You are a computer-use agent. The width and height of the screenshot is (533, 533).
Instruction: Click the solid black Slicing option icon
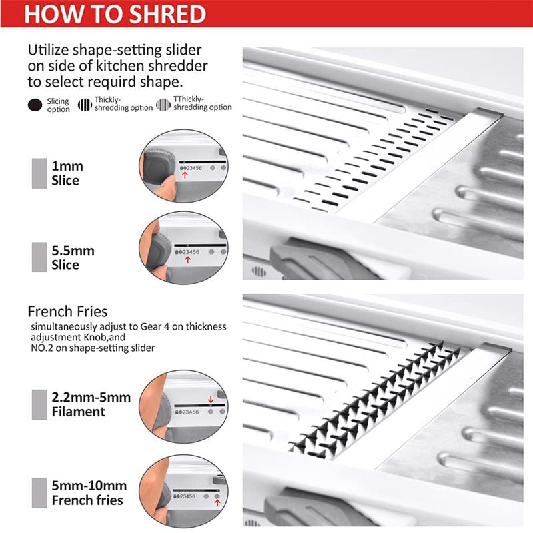[35, 105]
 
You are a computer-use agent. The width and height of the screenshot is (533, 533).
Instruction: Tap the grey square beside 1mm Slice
[39, 173]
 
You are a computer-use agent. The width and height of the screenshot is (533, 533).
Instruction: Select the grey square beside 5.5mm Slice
[39, 258]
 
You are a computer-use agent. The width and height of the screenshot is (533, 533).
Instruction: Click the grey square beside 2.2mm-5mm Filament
[39, 405]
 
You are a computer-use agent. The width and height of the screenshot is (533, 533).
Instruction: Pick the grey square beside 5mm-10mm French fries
[39, 491]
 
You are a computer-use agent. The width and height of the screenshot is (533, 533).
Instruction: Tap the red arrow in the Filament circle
[210, 399]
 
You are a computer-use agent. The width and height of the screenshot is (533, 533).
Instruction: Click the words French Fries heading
[67, 311]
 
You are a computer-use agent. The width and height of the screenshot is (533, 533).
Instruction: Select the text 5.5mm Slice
[73, 258]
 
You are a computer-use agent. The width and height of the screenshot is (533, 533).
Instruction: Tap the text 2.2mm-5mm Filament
[91, 405]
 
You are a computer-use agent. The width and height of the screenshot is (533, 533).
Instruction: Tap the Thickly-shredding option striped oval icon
[85, 105]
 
